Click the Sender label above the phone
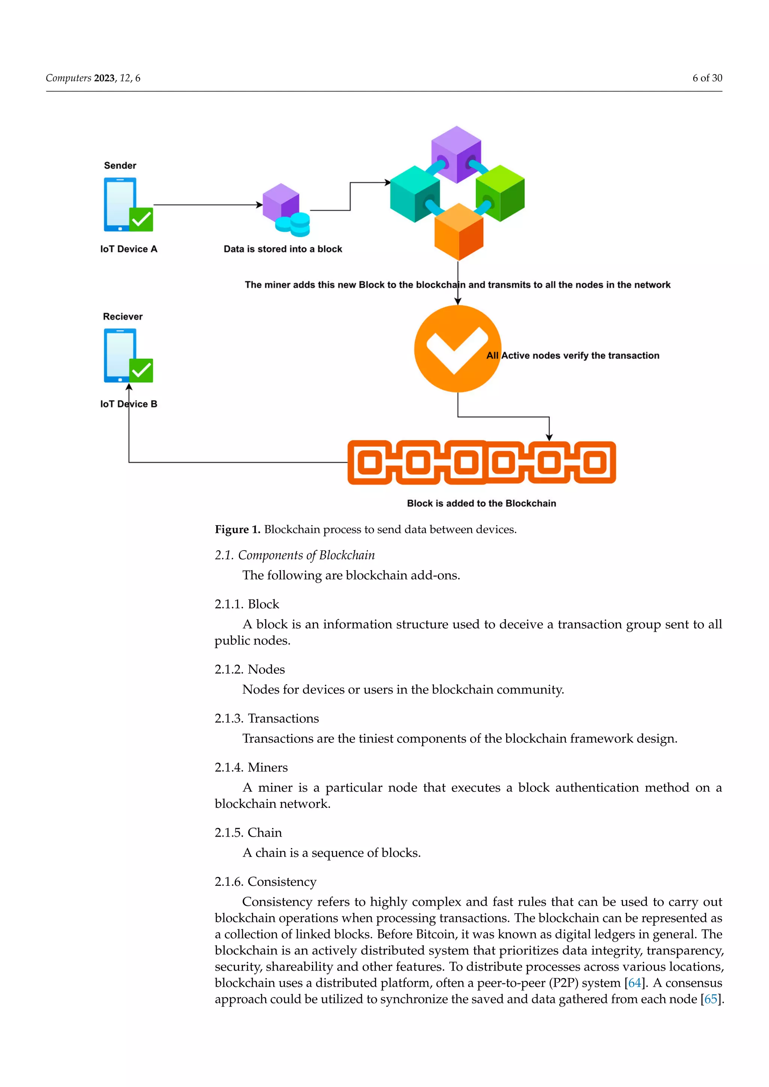(120, 165)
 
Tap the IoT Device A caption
(128, 249)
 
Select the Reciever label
(123, 316)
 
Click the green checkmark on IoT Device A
(141, 219)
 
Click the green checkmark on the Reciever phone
(141, 370)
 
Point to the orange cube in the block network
(458, 232)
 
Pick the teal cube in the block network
(414, 194)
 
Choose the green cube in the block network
(501, 193)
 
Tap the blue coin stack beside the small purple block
(294, 224)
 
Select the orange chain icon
(482, 462)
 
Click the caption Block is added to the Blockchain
(481, 503)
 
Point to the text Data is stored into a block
(283, 249)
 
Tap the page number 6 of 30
(707, 78)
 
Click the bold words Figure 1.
(237, 529)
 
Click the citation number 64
(634, 983)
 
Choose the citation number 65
(710, 999)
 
